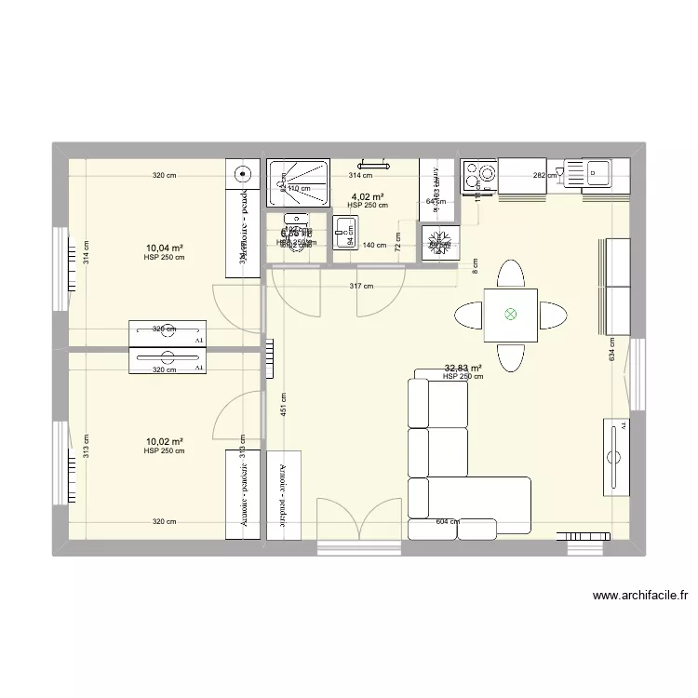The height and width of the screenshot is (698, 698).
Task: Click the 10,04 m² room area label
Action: click(x=164, y=248)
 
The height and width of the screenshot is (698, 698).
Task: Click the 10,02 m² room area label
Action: click(x=164, y=442)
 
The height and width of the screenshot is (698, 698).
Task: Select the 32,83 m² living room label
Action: click(x=463, y=368)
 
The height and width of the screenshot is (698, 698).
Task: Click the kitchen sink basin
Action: click(x=596, y=171)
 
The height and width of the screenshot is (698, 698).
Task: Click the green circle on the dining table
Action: click(x=510, y=315)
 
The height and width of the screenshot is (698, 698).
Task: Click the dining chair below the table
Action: click(x=510, y=356)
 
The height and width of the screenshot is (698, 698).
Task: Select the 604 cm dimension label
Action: click(x=449, y=521)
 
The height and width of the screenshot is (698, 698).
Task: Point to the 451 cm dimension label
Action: click(x=282, y=404)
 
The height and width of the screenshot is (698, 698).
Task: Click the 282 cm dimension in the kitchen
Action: click(x=544, y=174)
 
